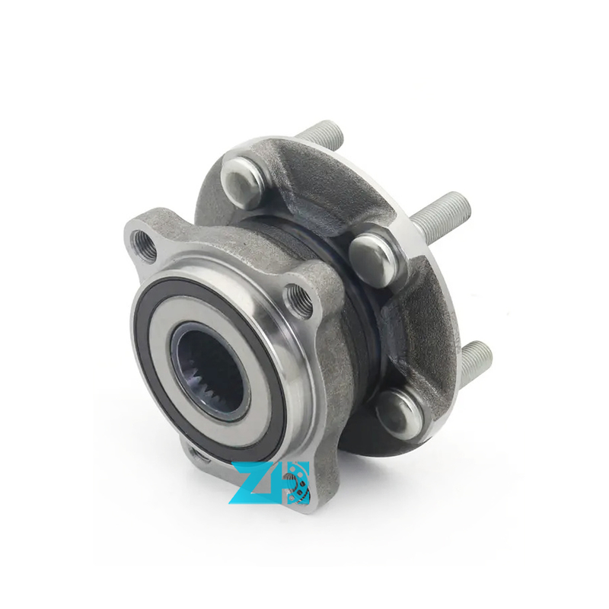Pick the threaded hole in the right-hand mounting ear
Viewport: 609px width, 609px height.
[299, 301]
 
